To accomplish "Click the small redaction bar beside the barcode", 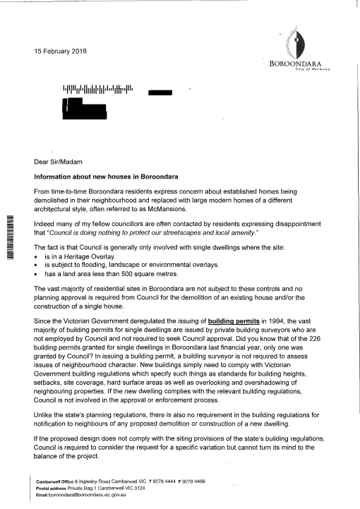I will (x=161, y=92).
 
